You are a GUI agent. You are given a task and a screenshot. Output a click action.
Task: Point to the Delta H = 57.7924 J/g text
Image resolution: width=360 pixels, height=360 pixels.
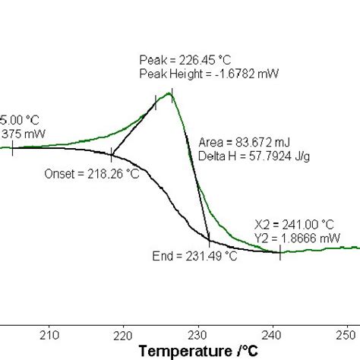(x=245, y=156)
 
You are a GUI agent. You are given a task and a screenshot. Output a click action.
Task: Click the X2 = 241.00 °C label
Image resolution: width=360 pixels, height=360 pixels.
(x=294, y=225)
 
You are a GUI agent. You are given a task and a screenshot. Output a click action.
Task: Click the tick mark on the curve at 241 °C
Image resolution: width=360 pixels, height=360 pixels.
(x=280, y=252)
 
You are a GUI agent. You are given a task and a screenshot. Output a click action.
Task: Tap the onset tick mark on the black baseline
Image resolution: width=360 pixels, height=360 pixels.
(x=112, y=153)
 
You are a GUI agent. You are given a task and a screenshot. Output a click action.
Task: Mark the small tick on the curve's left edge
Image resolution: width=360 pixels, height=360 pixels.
(x=13, y=147)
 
